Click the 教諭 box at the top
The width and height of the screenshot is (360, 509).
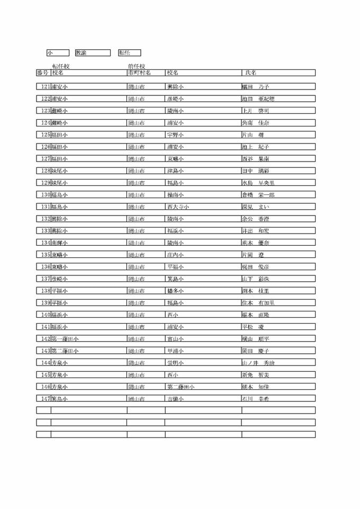coord(93,52)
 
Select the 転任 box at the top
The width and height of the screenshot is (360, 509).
coord(129,52)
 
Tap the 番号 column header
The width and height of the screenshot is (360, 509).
coord(43,73)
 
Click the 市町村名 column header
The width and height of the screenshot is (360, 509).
coord(139,73)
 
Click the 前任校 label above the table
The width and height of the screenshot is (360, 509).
coord(136,66)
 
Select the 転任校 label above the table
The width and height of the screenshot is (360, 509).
coord(61,66)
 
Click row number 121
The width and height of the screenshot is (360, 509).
coord(46,86)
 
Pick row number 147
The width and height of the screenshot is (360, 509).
coord(46,398)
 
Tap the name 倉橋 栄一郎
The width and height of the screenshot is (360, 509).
coord(258,194)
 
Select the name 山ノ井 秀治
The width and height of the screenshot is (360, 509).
coord(258,362)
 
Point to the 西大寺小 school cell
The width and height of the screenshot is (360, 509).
coord(178,207)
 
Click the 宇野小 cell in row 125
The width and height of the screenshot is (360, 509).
coord(175,135)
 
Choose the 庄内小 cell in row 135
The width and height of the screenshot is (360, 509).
coord(175,254)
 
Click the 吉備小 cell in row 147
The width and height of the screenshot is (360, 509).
coord(175,398)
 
